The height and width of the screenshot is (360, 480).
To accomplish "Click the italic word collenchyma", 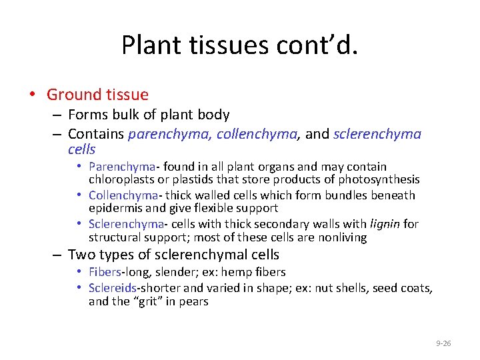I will coord(261,134).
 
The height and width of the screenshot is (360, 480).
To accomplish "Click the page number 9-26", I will coord(443,343).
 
